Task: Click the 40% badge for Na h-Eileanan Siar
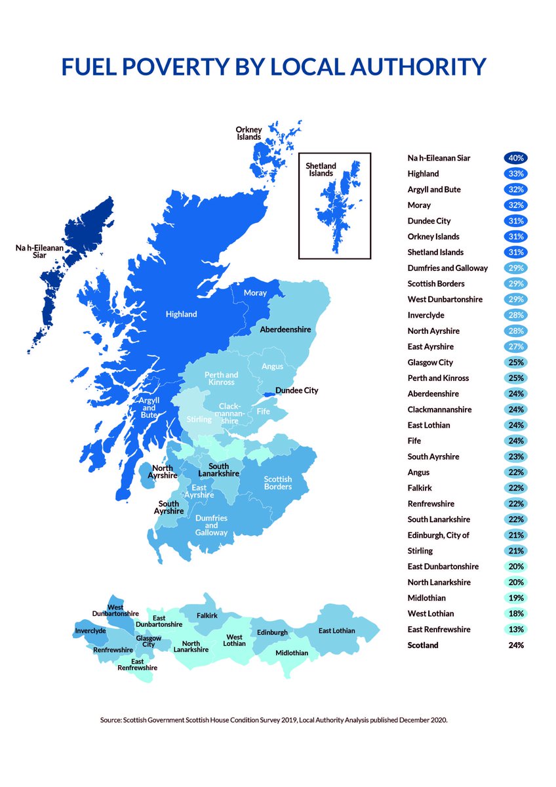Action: [x=516, y=158]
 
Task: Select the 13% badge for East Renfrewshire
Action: [x=516, y=630]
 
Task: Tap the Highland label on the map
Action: [x=181, y=314]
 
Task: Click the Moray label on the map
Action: [x=254, y=293]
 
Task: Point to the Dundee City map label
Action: [x=296, y=390]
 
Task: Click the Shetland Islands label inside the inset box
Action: [x=321, y=170]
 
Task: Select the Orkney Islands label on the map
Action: [x=249, y=134]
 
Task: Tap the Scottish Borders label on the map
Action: [x=277, y=483]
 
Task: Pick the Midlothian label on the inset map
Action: [x=292, y=653]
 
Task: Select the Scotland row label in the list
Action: [x=422, y=645]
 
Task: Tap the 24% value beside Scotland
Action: [x=516, y=645]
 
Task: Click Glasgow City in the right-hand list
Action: [x=429, y=362]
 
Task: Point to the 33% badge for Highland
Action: [x=516, y=174]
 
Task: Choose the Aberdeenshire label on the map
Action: [x=285, y=329]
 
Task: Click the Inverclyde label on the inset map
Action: [x=90, y=631]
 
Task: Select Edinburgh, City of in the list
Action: [x=439, y=535]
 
